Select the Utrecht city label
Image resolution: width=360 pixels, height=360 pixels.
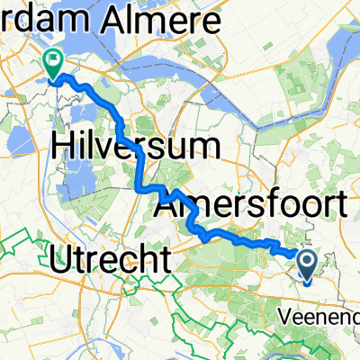pyautogui.click(x=108, y=261)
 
